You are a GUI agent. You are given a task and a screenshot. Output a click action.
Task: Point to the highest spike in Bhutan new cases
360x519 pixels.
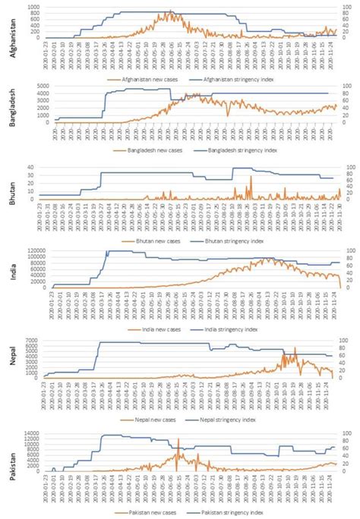250,178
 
